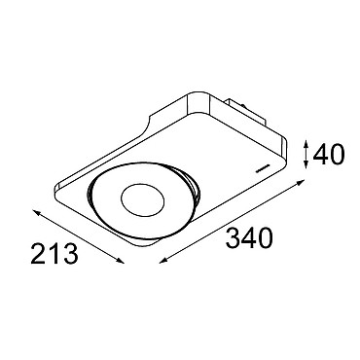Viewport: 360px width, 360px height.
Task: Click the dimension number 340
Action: coord(250,238)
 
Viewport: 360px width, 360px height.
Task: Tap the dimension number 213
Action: coord(54,254)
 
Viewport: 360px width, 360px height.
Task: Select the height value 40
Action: coord(328,155)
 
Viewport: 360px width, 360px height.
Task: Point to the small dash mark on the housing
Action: coord(262,169)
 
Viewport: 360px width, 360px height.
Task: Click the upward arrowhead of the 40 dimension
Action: coord(306,143)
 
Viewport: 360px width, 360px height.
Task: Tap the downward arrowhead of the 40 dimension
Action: coord(306,165)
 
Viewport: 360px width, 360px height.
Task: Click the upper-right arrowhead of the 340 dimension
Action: coord(302,182)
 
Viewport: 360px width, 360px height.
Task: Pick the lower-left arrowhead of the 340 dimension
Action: coord(162,260)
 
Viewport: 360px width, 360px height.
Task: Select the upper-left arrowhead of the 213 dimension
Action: coord(37,212)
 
